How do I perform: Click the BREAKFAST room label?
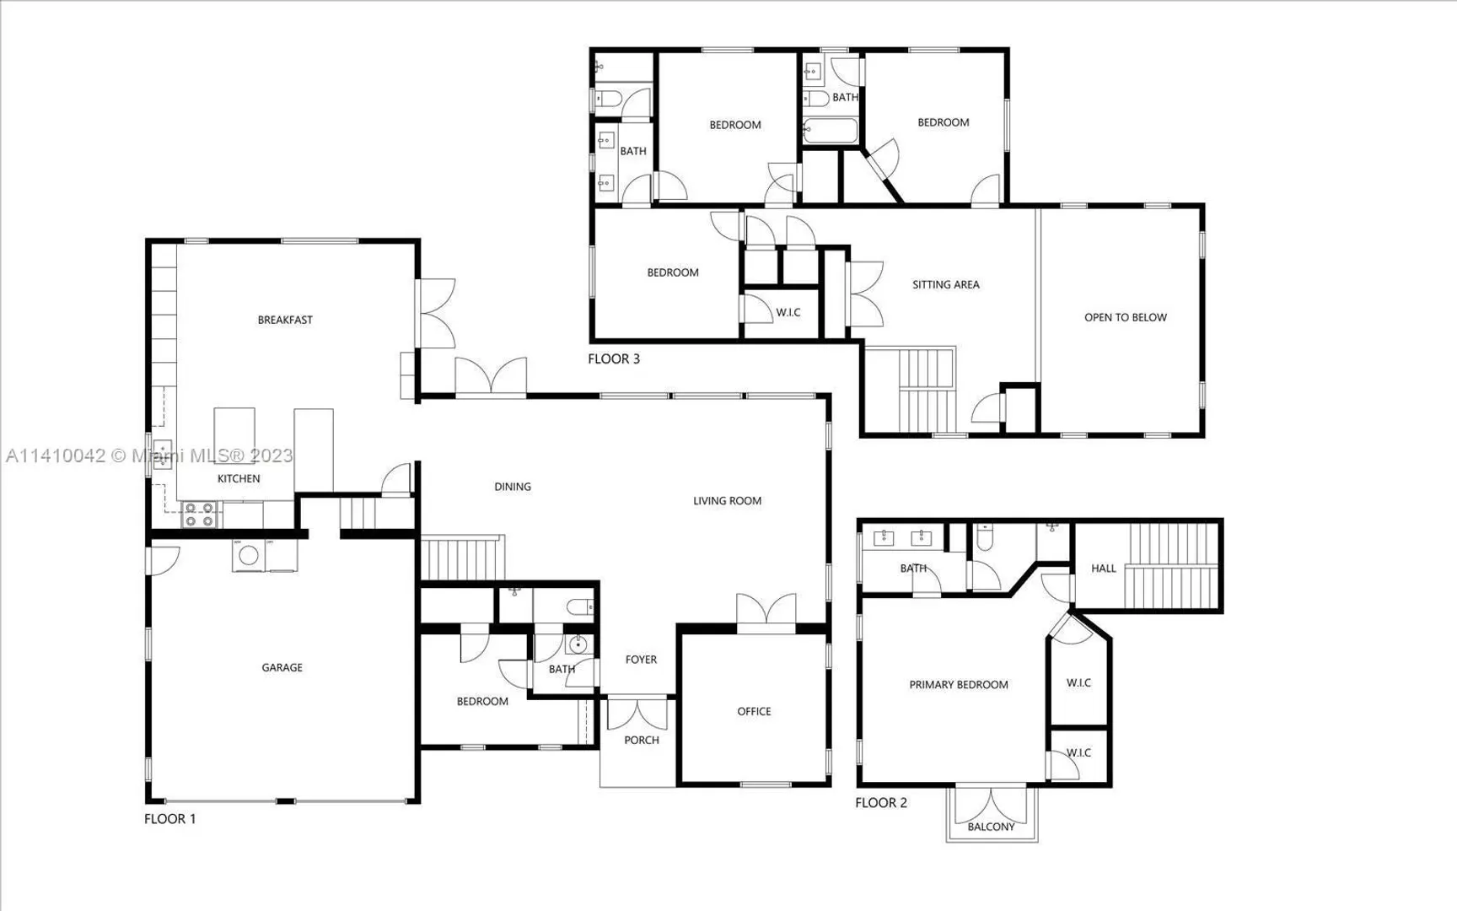[x=285, y=320]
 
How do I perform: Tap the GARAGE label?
[x=282, y=667]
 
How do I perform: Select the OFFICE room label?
[x=754, y=711]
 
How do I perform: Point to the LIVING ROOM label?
[x=727, y=500]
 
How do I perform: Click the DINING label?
[x=513, y=486]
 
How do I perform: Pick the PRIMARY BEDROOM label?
[x=959, y=684]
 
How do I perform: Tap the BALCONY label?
[x=991, y=827]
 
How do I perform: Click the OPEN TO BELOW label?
[x=1126, y=317]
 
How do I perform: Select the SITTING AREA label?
[x=946, y=284]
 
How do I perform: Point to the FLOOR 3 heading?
[x=614, y=358]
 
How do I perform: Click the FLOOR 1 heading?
[x=169, y=818]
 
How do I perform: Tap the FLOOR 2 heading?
[x=881, y=802]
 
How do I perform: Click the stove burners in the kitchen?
[x=200, y=515]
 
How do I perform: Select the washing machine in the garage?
[x=249, y=556]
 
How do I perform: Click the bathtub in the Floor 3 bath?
[x=830, y=132]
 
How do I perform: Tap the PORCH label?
[x=642, y=740]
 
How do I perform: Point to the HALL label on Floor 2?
[x=1104, y=568]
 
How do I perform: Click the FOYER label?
[x=641, y=660]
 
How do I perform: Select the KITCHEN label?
[x=239, y=478]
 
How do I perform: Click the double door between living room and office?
[x=766, y=612]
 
